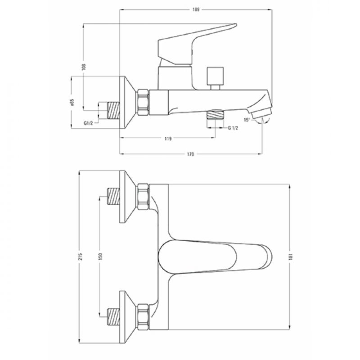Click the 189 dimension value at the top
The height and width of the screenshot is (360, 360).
coord(196,9)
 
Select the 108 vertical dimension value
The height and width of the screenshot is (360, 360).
coord(84,67)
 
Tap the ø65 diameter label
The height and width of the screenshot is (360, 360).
coord(72,103)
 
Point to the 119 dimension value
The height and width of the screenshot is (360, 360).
coord(168,139)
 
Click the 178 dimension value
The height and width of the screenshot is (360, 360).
coord(190,154)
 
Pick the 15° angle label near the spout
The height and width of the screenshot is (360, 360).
coord(247,120)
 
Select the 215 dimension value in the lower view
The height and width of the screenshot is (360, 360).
coord(81,256)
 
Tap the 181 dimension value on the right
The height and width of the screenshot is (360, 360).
coord(290,256)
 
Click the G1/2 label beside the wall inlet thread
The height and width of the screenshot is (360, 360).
coord(88,123)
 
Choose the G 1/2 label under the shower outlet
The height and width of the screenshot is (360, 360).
coord(233,128)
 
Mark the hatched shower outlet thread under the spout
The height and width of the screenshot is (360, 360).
coord(216,114)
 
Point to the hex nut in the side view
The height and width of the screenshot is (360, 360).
coord(143,102)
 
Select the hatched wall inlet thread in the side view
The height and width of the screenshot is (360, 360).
coord(114,110)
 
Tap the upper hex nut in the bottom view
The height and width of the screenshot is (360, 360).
coord(143,197)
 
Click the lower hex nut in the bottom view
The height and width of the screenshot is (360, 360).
coord(143,317)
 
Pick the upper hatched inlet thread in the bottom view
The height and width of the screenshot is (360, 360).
coord(114,196)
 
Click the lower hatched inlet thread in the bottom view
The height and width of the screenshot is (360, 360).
coord(114,317)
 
